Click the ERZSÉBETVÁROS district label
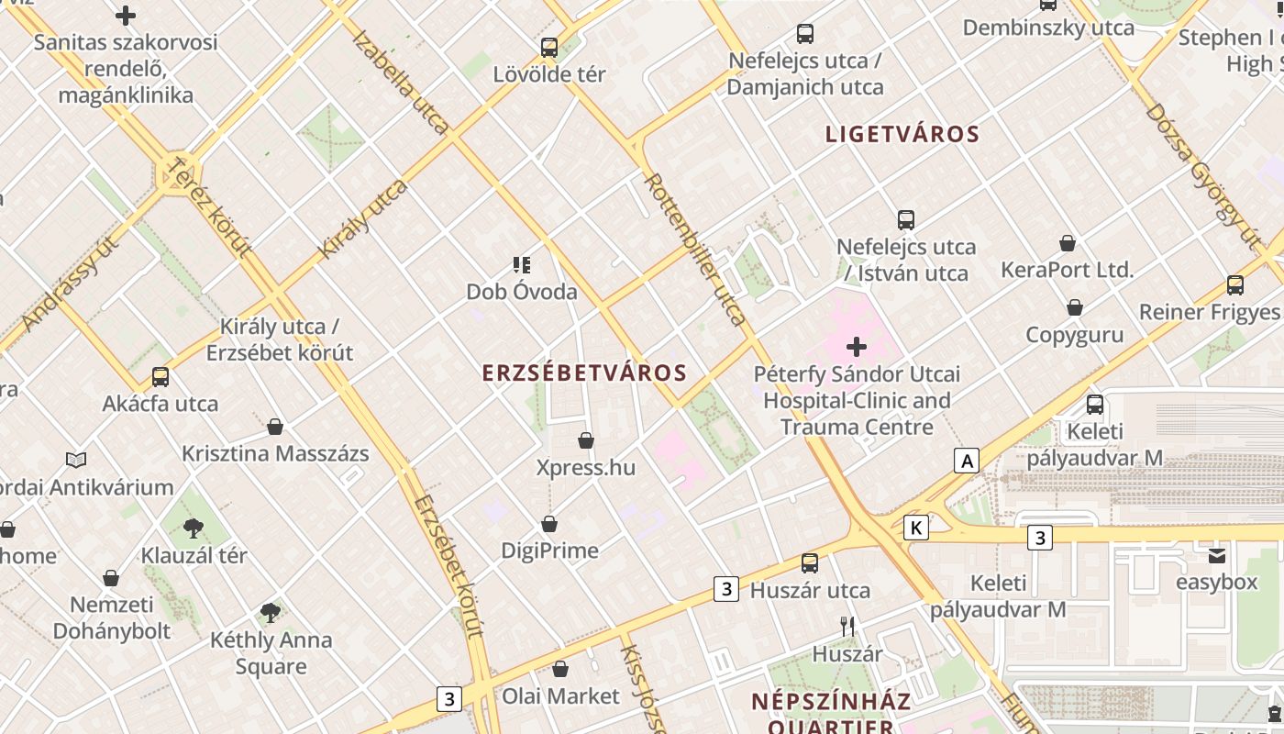(x=584, y=373)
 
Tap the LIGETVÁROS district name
(x=902, y=134)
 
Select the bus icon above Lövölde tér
(x=549, y=47)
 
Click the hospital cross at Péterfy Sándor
(x=857, y=347)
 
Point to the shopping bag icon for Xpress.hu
(x=586, y=441)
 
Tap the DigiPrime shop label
(x=549, y=550)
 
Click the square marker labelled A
(x=967, y=461)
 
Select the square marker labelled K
(x=915, y=528)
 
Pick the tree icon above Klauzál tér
(x=193, y=528)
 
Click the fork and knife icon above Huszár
(x=847, y=627)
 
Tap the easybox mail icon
(x=1217, y=555)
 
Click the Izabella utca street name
(x=400, y=83)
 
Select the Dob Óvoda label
(x=522, y=292)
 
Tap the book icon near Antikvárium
(x=77, y=460)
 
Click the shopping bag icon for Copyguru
(x=1075, y=307)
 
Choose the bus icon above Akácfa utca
(x=160, y=376)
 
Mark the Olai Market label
(x=560, y=696)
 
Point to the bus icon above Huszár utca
(x=810, y=563)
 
